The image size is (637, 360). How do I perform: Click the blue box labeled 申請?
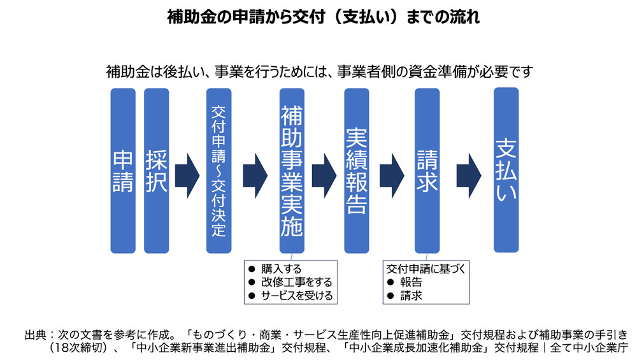tap(123, 171)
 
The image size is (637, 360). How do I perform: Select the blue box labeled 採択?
tap(157, 171)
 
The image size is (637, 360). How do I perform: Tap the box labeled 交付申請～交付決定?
tap(218, 171)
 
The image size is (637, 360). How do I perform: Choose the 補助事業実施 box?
tap(292, 171)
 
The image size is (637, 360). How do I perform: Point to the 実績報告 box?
tap(357, 171)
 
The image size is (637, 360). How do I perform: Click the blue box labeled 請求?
tap(427, 171)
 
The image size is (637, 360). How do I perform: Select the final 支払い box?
tap(506, 171)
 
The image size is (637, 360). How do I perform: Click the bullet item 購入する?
tap(281, 268)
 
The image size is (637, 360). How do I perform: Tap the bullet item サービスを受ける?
tap(296, 296)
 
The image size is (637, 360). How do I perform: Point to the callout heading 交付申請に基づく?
tap(426, 268)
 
